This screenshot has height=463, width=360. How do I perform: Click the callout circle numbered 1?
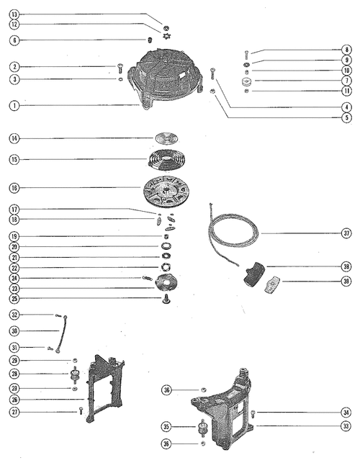[14, 106]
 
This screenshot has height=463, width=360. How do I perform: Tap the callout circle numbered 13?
[14, 14]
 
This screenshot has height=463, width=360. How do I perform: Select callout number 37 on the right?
[346, 233]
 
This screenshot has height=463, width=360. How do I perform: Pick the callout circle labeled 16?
[14, 188]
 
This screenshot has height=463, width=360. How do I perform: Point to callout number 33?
[346, 426]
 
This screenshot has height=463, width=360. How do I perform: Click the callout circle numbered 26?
[14, 400]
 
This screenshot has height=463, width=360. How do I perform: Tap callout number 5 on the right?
[347, 117]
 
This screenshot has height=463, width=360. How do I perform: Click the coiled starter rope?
[233, 234]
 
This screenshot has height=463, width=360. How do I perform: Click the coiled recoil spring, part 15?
[166, 161]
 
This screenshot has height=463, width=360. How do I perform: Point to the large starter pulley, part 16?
[166, 190]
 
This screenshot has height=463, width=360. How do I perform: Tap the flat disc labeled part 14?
[166, 138]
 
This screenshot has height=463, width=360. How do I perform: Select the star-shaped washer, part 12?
[166, 37]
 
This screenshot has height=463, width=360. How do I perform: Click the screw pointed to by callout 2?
[120, 68]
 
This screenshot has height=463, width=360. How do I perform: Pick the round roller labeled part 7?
[246, 81]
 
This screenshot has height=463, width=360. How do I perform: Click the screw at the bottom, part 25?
[166, 300]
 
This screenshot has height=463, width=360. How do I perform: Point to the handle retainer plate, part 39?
[272, 284]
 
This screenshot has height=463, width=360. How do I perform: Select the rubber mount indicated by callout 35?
[202, 428]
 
